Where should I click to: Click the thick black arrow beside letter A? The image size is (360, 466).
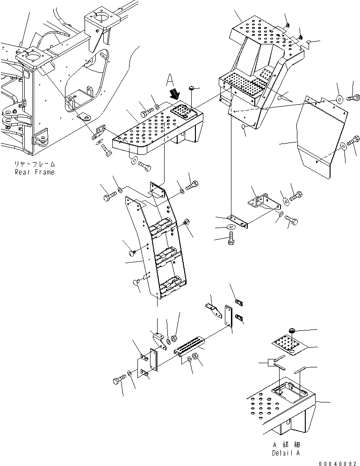pyautogui.click(x=176, y=95)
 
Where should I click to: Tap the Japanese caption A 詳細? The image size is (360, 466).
pyautogui.click(x=285, y=445)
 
